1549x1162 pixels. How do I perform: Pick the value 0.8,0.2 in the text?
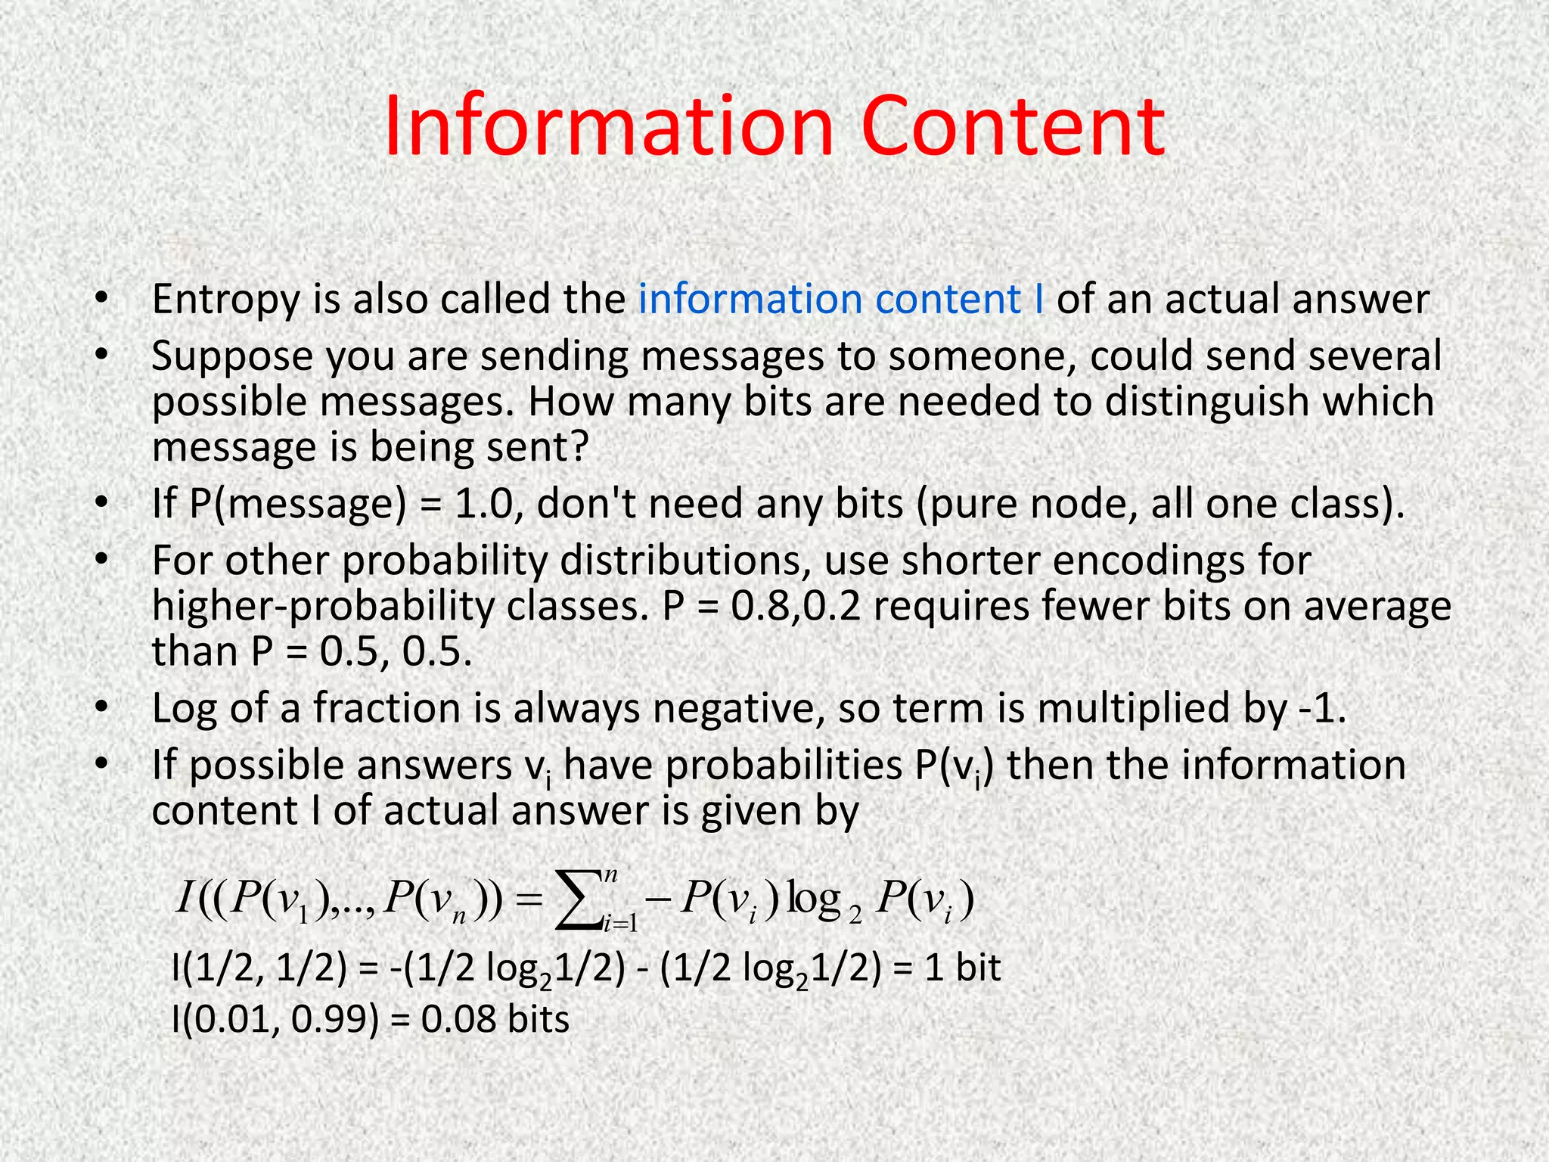click(x=796, y=607)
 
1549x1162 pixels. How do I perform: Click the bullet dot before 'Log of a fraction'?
click(x=101, y=709)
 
